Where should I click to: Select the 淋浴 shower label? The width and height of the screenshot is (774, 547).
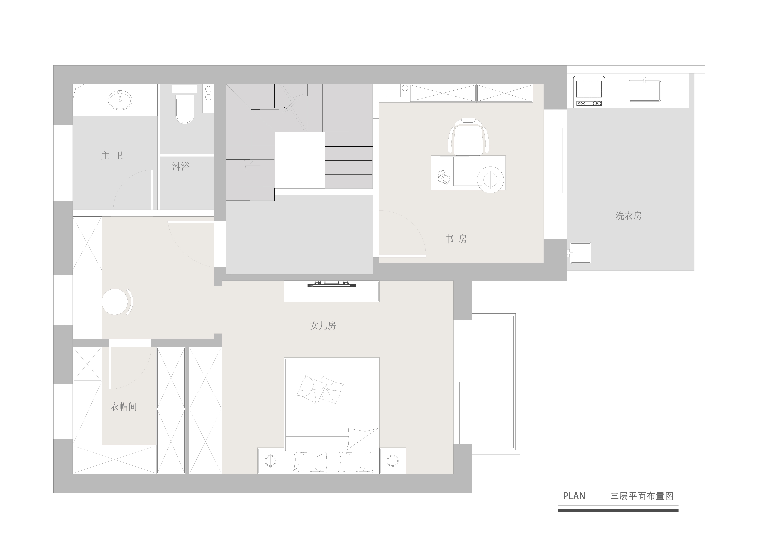coord(181,166)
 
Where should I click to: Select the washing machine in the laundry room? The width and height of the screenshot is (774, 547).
coord(589,92)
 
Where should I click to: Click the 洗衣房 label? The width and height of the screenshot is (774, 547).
coord(629,216)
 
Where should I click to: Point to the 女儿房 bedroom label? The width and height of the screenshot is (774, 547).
coord(323,326)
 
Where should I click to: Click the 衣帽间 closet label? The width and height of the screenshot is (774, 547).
coord(124,407)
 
